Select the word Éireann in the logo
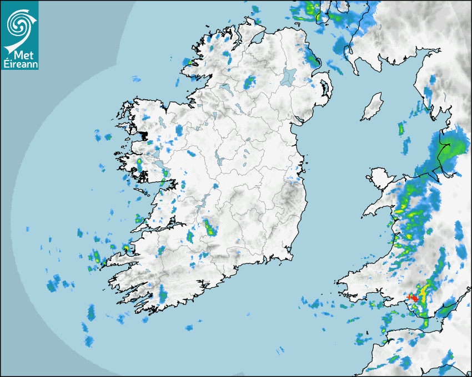click(20, 64)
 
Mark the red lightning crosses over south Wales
click(413, 298)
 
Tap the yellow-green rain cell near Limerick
click(210, 227)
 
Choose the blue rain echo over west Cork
click(163, 294)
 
